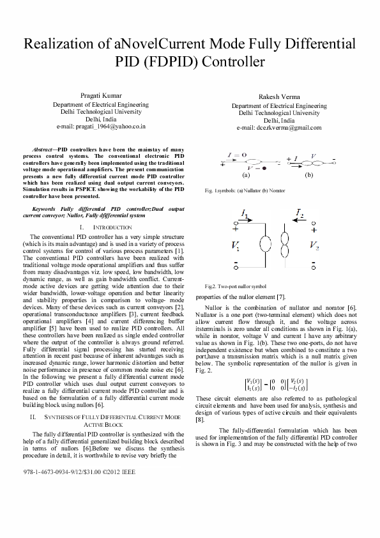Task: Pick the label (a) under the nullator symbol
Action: (245, 174)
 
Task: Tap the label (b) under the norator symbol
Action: (309, 174)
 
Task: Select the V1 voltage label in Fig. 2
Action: (236, 245)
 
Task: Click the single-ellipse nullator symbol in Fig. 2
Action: (262, 246)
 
